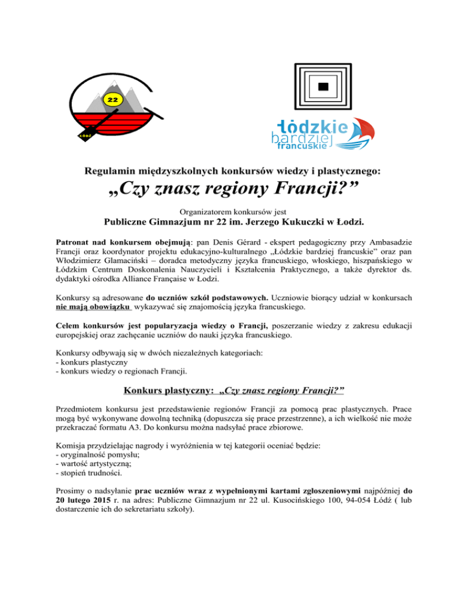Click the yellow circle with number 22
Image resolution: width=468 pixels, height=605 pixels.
(113, 99)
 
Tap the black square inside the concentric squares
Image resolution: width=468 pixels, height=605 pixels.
(324, 86)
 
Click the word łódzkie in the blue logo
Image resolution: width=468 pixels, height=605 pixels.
(312, 127)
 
